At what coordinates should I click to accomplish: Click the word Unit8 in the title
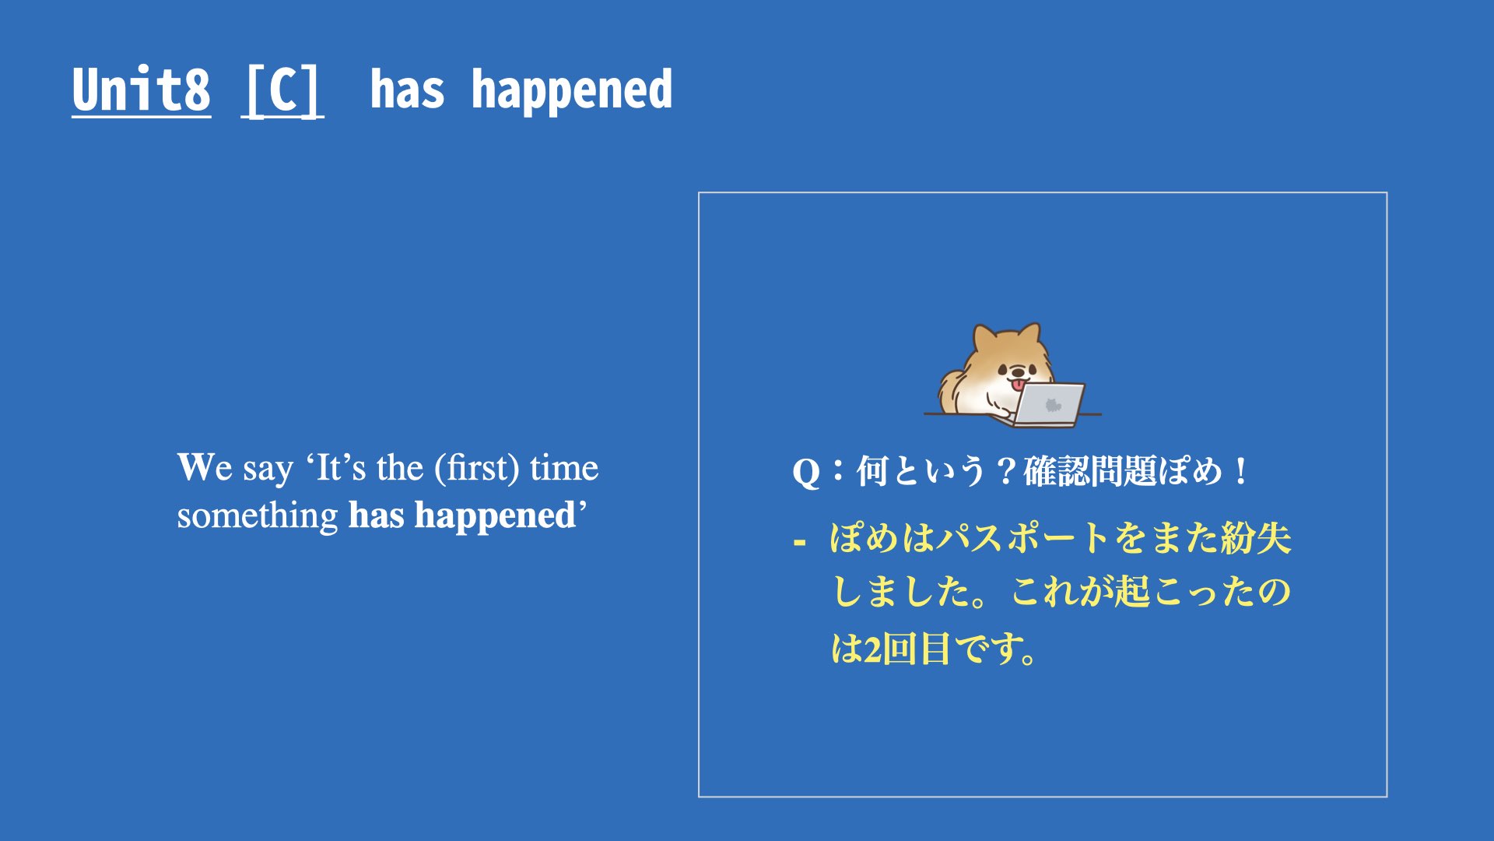pyautogui.click(x=141, y=90)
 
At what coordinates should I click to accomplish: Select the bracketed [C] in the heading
pyautogui.click(x=282, y=91)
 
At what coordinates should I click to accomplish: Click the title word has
pyautogui.click(x=407, y=90)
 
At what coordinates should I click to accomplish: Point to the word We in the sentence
pyautogui.click(x=205, y=467)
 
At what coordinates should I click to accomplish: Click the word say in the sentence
pyautogui.click(x=268, y=470)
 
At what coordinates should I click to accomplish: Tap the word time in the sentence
pyautogui.click(x=564, y=468)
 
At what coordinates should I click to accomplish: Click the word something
pyautogui.click(x=258, y=516)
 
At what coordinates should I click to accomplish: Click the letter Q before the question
pyautogui.click(x=805, y=473)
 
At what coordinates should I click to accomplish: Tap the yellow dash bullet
pyautogui.click(x=799, y=540)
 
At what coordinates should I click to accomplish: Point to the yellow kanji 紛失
pyautogui.click(x=1256, y=537)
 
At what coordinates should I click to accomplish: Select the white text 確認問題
pyautogui.click(x=1089, y=471)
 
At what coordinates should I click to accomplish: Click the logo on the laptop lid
pyautogui.click(x=1053, y=405)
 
